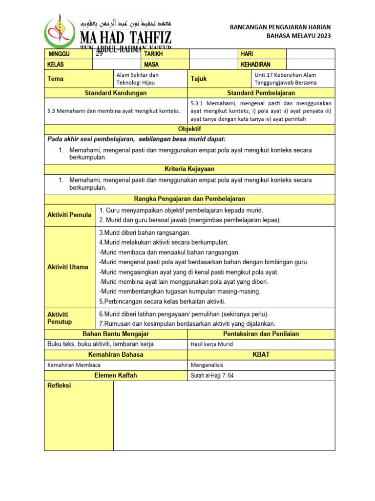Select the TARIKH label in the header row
pos(153,54)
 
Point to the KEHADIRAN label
pos(255,64)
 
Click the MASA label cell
pos(151,64)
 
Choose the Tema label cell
pos(55,79)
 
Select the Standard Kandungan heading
pos(116,93)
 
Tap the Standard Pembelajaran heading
pos(261,93)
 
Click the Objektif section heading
pos(189,129)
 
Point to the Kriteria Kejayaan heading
pos(189,169)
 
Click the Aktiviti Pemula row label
pos(69,215)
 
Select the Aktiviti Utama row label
pos(67,267)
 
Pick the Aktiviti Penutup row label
pos(59,318)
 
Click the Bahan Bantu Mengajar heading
pos(116,334)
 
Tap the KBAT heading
pos(261,354)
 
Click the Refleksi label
pos(59,386)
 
